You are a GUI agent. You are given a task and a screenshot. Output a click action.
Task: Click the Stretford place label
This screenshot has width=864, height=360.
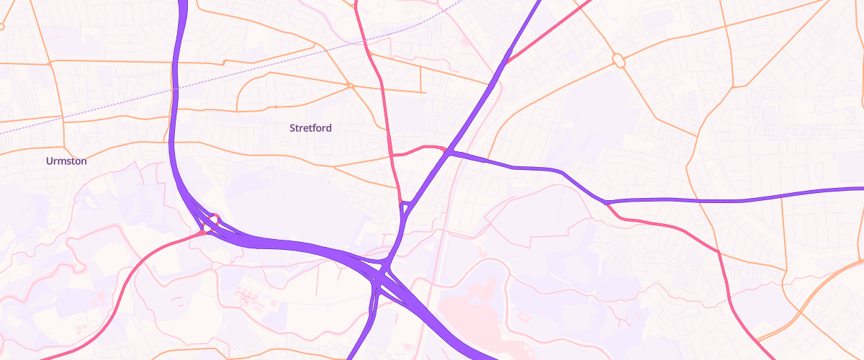pyautogui.click(x=310, y=128)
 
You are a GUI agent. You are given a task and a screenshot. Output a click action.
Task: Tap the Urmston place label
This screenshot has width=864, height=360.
pyautogui.click(x=66, y=161)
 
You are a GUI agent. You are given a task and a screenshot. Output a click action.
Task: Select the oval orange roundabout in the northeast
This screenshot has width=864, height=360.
pyautogui.click(x=618, y=60)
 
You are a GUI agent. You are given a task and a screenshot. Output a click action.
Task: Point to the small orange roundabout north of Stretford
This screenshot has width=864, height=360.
pyautogui.click(x=351, y=86)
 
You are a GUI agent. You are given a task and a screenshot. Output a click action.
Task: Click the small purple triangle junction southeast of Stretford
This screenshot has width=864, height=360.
pyautogui.click(x=405, y=207)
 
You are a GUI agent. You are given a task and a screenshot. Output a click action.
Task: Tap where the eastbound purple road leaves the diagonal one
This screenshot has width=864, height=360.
pyautogui.click(x=449, y=152)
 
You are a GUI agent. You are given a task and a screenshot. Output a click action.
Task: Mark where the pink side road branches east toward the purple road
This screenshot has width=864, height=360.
pyautogui.click(x=393, y=155)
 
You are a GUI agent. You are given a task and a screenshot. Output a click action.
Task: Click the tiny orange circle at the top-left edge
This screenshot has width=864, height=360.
pyautogui.click(x=1, y=27)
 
